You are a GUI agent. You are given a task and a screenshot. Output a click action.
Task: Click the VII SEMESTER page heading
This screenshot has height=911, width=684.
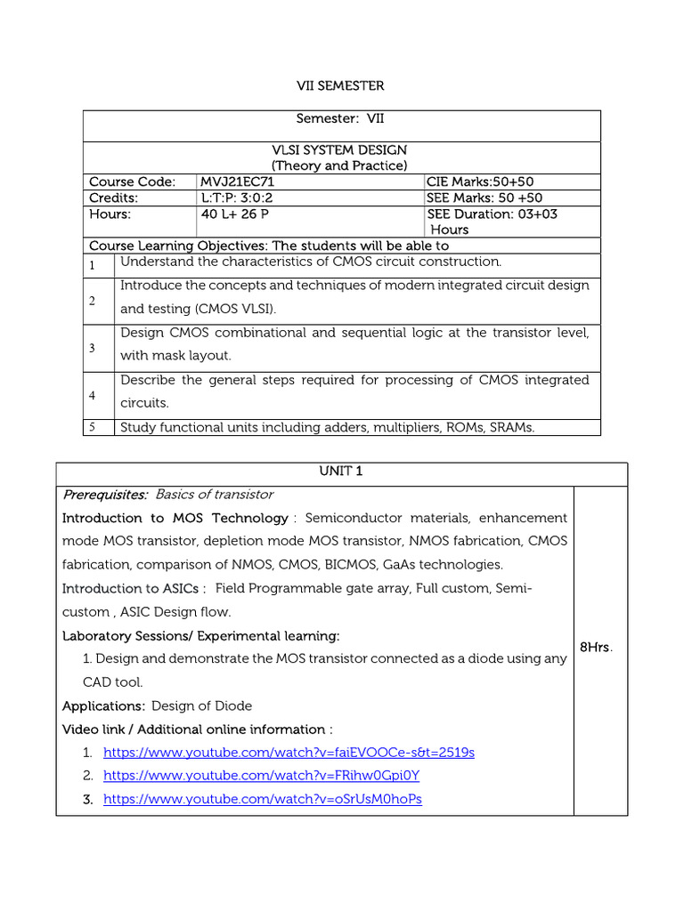click(340, 86)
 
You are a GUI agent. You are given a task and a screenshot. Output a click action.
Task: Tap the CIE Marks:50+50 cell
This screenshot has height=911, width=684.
click(480, 181)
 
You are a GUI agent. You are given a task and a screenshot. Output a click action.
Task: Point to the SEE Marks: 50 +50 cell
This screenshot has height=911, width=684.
click(484, 198)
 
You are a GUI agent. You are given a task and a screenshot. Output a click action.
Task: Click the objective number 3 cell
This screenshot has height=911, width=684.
click(92, 348)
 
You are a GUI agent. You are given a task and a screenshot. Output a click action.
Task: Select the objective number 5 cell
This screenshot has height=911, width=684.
click(92, 427)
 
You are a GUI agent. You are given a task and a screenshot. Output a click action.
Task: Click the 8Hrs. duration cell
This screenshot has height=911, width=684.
click(596, 648)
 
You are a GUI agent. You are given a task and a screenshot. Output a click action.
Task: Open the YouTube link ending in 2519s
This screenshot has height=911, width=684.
click(289, 753)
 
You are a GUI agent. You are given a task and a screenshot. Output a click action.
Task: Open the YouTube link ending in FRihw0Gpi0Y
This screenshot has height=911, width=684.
click(261, 776)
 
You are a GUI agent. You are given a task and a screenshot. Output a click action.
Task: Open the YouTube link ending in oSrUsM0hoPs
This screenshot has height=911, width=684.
click(262, 799)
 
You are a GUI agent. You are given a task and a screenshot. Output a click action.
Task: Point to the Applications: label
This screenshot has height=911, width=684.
click(103, 705)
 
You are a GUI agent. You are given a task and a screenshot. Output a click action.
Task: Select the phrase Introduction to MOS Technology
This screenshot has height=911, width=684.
click(175, 518)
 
